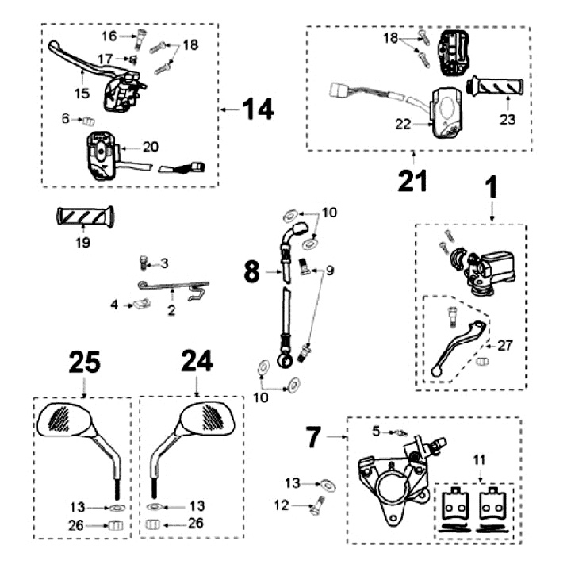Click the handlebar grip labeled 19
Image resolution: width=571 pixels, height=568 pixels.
[x=84, y=216]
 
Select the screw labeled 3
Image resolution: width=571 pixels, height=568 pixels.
[x=144, y=262]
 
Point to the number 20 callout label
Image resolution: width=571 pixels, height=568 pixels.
[x=151, y=146]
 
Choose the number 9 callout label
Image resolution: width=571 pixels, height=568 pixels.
[x=329, y=271]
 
